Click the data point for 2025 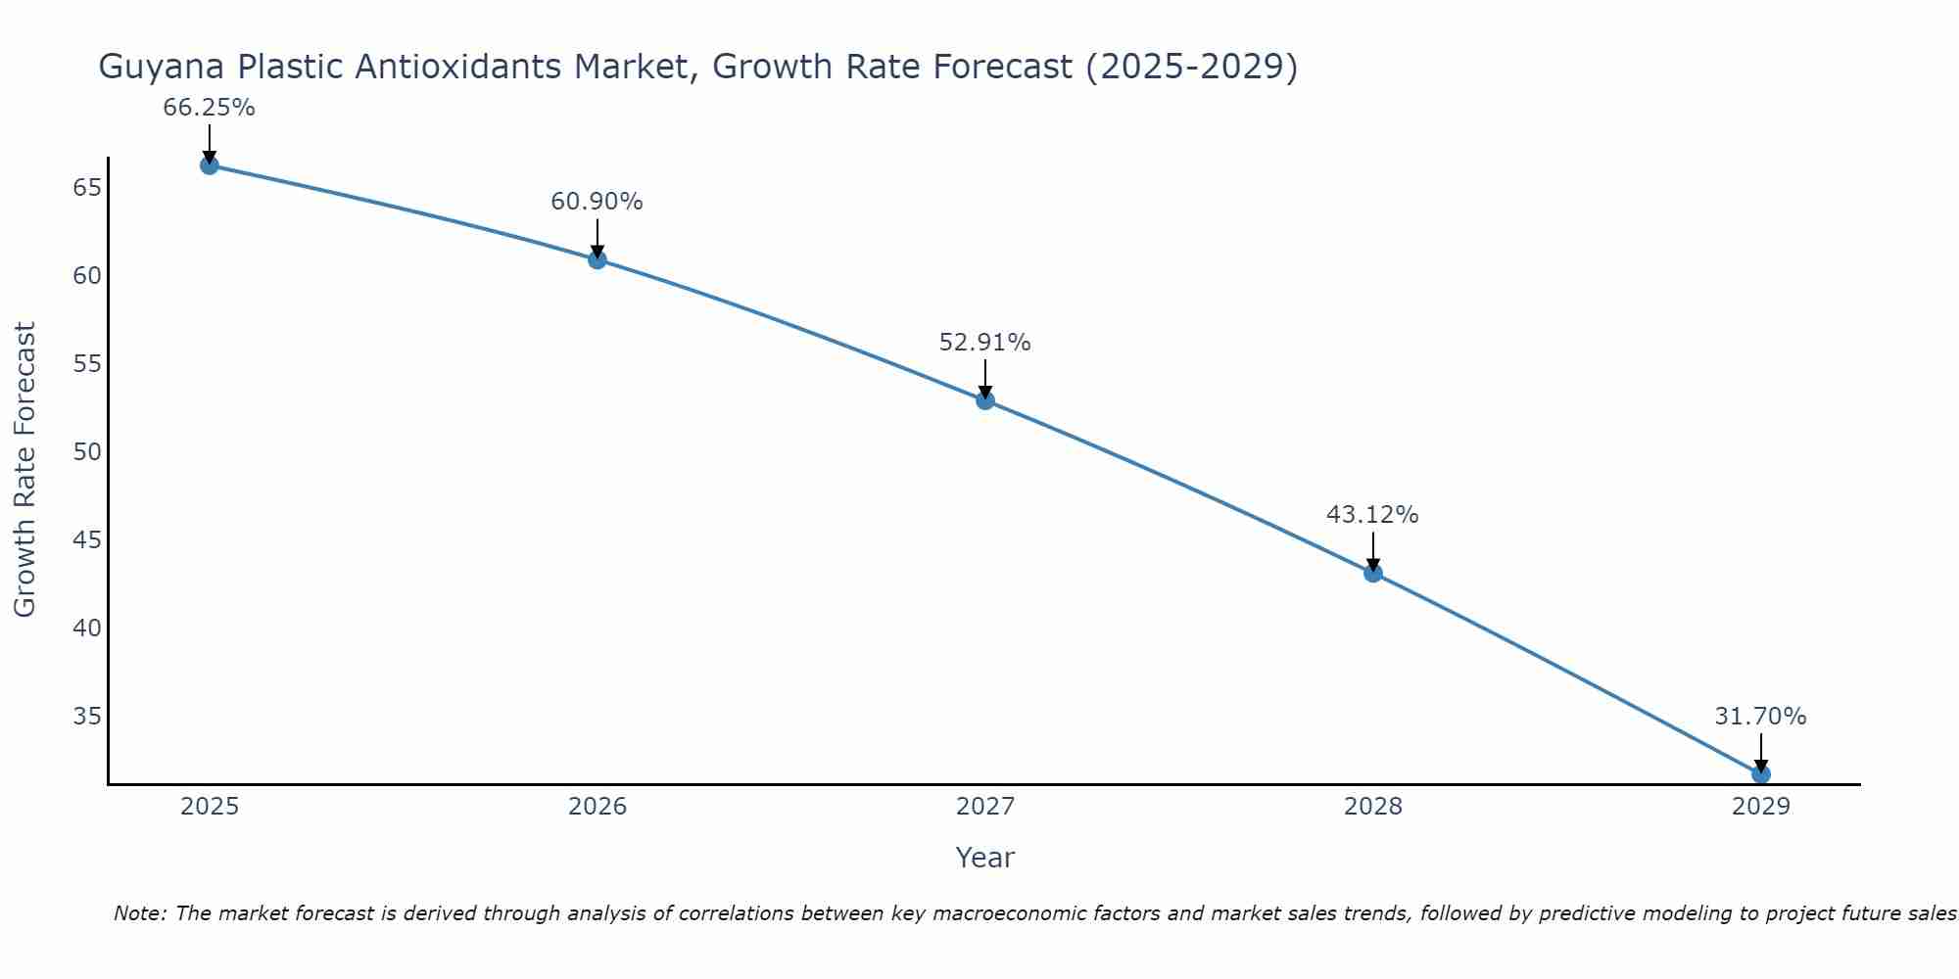(209, 165)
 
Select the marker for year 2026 (597, 259)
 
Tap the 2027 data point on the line (985, 400)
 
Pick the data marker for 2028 (1373, 573)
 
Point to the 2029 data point (1760, 774)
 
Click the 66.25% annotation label (209, 108)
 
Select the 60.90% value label (597, 202)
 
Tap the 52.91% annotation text (984, 343)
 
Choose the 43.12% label (1372, 515)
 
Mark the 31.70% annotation (1760, 717)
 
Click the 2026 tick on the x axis (597, 807)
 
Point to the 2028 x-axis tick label (1373, 807)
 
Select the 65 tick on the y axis (87, 187)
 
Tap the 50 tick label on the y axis (87, 451)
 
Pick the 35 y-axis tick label (87, 716)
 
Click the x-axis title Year (984, 858)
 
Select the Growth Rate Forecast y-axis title (25, 469)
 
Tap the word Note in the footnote (140, 913)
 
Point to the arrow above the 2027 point (985, 379)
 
